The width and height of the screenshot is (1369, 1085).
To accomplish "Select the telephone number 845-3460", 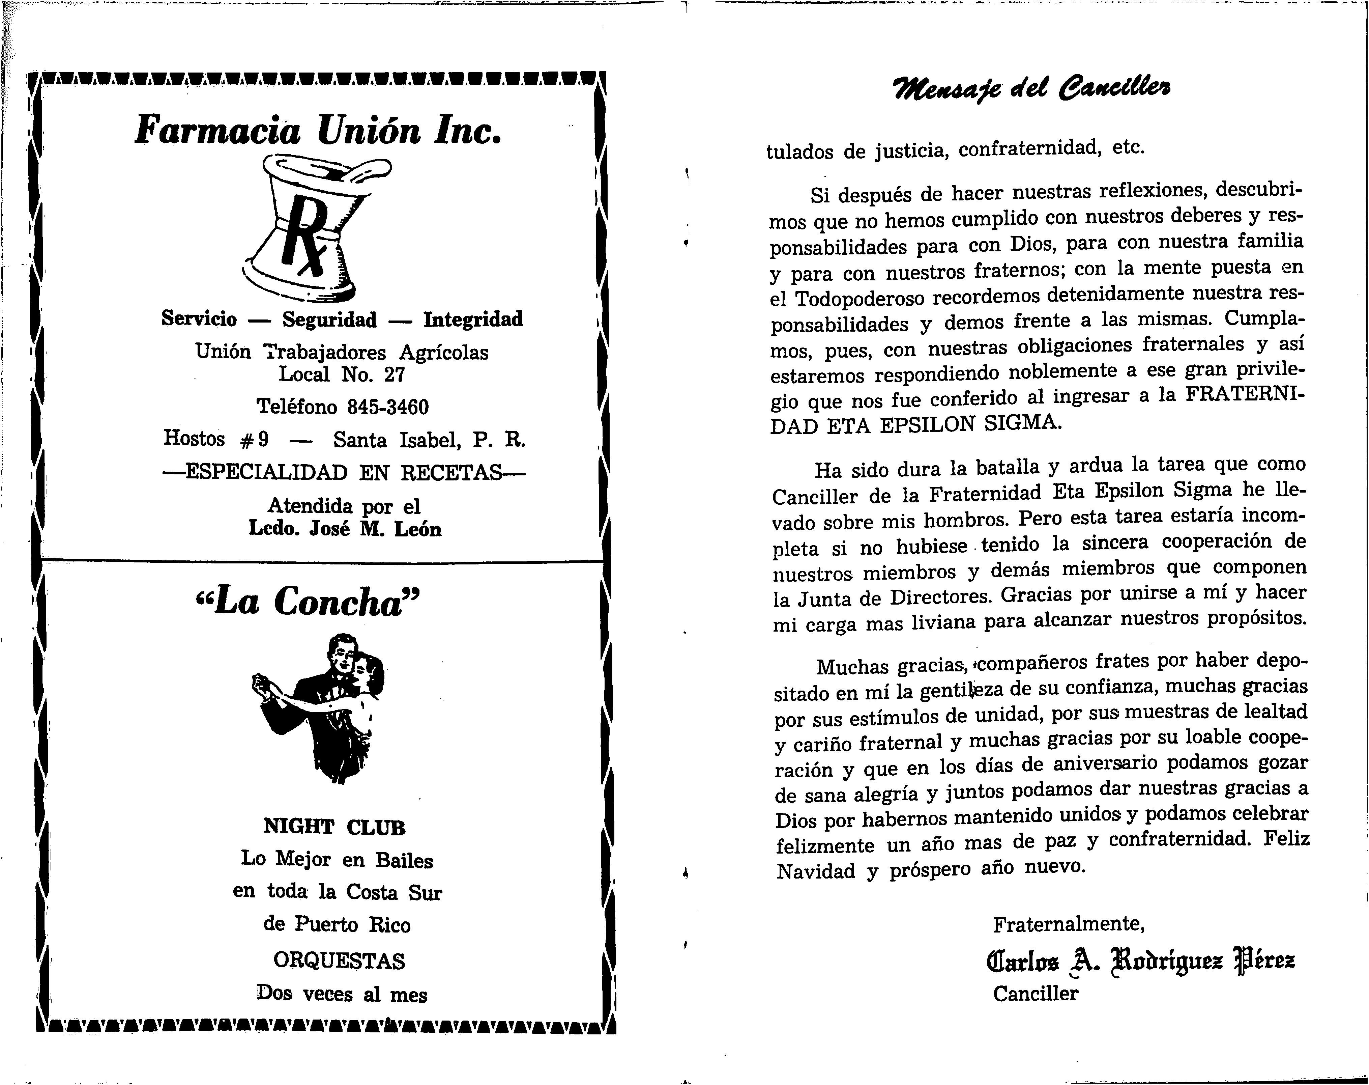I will tap(387, 407).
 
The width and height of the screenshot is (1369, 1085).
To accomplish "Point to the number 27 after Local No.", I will tap(394, 375).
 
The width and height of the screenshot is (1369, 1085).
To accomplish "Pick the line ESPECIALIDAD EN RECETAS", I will tap(344, 473).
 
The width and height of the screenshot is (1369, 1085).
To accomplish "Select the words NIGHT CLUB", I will tap(334, 827).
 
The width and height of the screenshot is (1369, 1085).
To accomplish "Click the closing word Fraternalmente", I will tap(1069, 923).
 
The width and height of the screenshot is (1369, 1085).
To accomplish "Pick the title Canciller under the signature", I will tap(1036, 993).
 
